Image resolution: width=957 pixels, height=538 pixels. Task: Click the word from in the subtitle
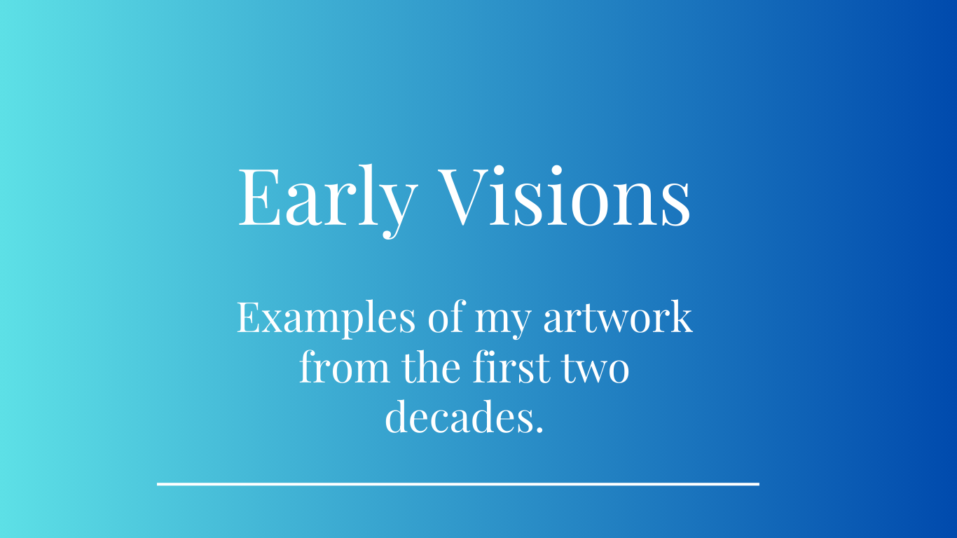[x=345, y=366]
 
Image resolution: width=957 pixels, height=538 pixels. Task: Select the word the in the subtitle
[x=431, y=366]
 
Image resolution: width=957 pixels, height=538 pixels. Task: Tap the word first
[x=511, y=366]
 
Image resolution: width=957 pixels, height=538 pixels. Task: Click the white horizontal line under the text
[x=458, y=484]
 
